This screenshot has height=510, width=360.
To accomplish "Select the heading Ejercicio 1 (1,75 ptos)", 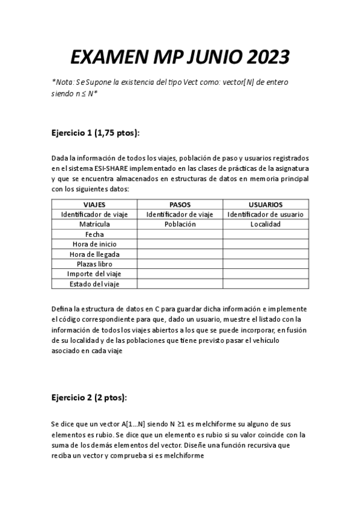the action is pyautogui.click(x=99, y=132).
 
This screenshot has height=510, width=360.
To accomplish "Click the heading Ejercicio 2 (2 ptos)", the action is pyautogui.click(x=89, y=398).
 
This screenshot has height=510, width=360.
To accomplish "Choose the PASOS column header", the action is pyautogui.click(x=180, y=204).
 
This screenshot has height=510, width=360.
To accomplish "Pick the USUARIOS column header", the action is pyautogui.click(x=266, y=204).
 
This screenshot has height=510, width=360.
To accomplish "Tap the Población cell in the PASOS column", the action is pyautogui.click(x=180, y=224).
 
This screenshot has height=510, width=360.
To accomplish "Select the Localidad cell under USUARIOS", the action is pyautogui.click(x=266, y=224).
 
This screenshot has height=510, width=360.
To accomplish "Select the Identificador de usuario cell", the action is pyautogui.click(x=266, y=214).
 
